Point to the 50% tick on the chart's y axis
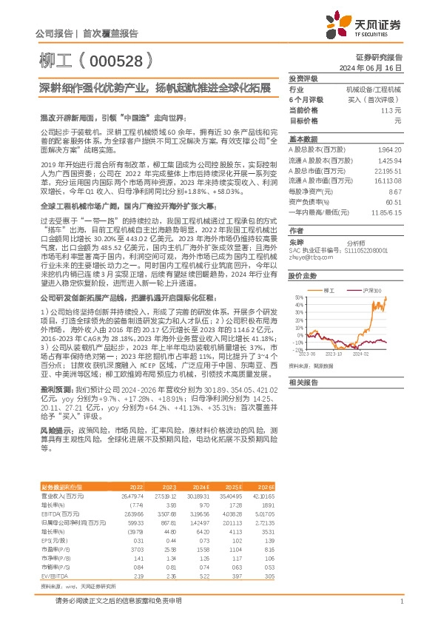296,298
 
